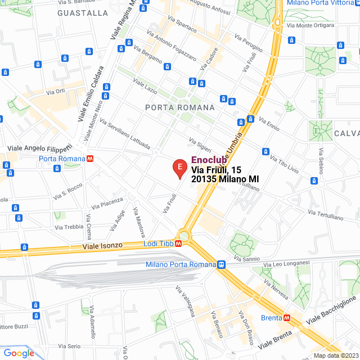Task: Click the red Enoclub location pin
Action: [x=179, y=168]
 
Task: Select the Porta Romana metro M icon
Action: [x=89, y=159]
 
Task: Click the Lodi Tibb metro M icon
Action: [x=178, y=244]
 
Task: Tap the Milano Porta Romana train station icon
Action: [x=222, y=264]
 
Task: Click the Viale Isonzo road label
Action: [x=106, y=246]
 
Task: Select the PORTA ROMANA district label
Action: [x=179, y=107]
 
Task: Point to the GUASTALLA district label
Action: [x=83, y=12]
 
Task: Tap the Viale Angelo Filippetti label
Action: [x=40, y=147]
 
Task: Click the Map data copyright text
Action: [x=336, y=355]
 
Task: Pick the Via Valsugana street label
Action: [x=185, y=300]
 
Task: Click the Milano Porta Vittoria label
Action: [x=321, y=3]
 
